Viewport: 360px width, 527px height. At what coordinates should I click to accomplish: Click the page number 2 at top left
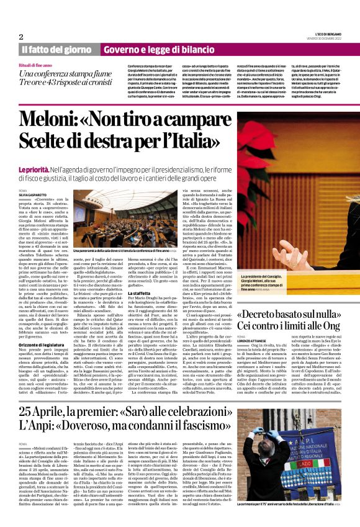pos(21,37)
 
